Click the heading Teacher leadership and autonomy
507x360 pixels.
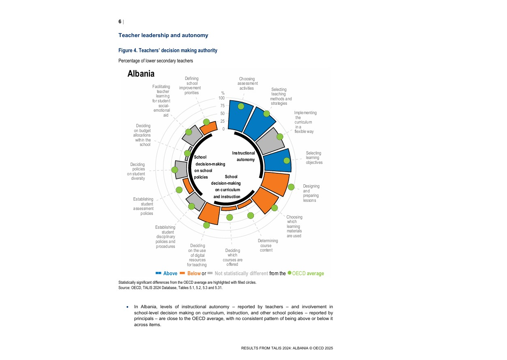tap(163, 35)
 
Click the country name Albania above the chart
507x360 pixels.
tap(141, 74)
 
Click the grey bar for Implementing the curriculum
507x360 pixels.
tap(271, 141)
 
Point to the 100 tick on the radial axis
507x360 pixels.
tap(221, 98)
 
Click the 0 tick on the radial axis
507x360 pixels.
tap(223, 129)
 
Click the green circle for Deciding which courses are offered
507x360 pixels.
tap(229, 216)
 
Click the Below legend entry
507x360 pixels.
tap(194, 274)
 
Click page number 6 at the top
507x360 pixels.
tap(120, 22)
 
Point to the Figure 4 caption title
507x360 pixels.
tap(168, 51)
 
